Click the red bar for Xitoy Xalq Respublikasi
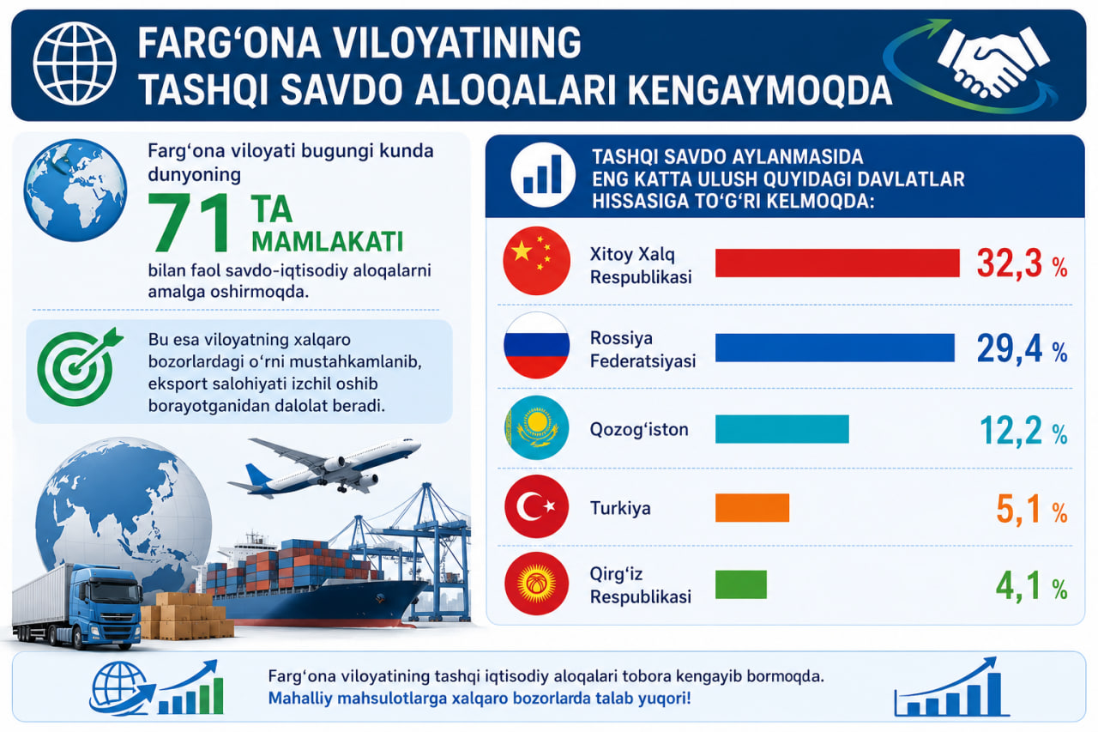[837, 263]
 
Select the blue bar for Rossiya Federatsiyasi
[835, 348]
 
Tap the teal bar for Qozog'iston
[781, 429]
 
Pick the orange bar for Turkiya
[752, 507]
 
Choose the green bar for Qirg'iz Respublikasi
[740, 584]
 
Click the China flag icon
[537, 261]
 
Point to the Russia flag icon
[537, 346]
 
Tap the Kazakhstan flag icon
[537, 427]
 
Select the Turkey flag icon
[537, 506]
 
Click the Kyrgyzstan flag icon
[537, 584]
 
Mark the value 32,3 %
[1022, 264]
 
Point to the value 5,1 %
[1032, 510]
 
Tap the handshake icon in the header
[992, 61]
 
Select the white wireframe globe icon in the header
[75, 64]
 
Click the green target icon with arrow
[78, 366]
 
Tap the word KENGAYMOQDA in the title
[760, 91]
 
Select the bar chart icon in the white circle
[543, 174]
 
